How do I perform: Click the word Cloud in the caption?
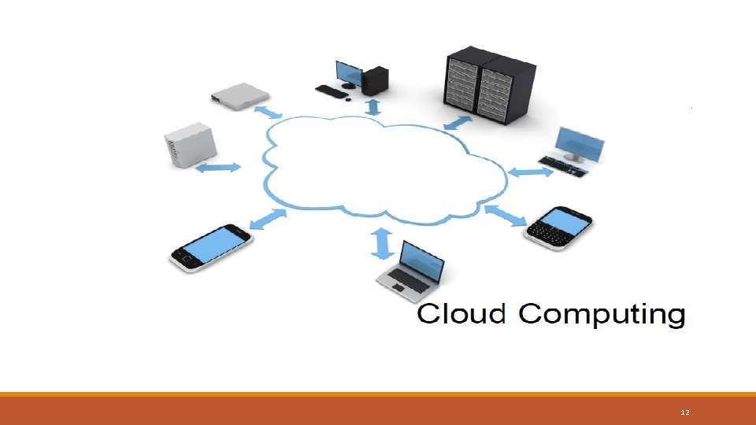coord(461,314)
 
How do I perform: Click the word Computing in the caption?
coord(602,316)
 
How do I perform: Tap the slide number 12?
coord(684,412)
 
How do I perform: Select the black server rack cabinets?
coord(490,85)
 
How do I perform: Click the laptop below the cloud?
coord(410,268)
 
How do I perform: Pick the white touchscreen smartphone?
coord(211,246)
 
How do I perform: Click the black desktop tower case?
coord(376,79)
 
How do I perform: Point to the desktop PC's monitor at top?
coord(348,72)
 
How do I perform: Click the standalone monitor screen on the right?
coord(580,142)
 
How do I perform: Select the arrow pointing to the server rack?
coord(458,123)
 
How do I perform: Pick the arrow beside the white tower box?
coord(218,168)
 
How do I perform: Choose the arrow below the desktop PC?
coord(372,105)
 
